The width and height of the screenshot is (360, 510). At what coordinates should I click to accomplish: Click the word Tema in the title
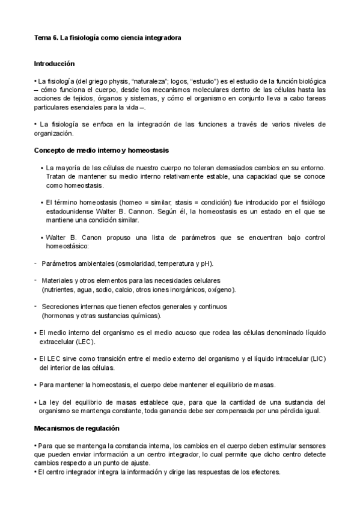[x=41, y=37]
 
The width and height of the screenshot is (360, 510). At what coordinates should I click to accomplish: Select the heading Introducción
[x=54, y=63]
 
